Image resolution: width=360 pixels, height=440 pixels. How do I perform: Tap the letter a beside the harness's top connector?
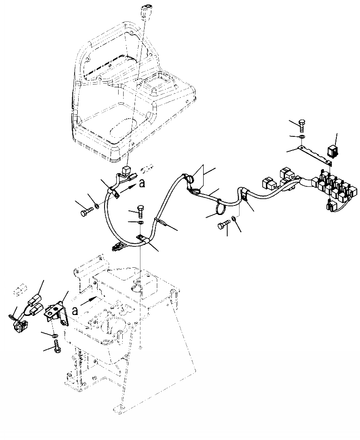tap(142, 183)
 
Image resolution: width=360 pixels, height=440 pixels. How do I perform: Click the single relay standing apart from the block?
tap(333, 150)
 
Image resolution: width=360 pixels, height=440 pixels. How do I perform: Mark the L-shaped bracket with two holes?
tap(55, 312)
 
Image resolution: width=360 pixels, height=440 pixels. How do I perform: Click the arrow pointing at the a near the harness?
tap(130, 185)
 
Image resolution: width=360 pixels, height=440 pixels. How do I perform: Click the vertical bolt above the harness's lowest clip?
tap(140, 210)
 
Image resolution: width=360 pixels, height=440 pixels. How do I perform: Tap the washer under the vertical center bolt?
tap(140, 223)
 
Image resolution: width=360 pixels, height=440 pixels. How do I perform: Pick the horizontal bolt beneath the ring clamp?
tap(222, 225)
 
